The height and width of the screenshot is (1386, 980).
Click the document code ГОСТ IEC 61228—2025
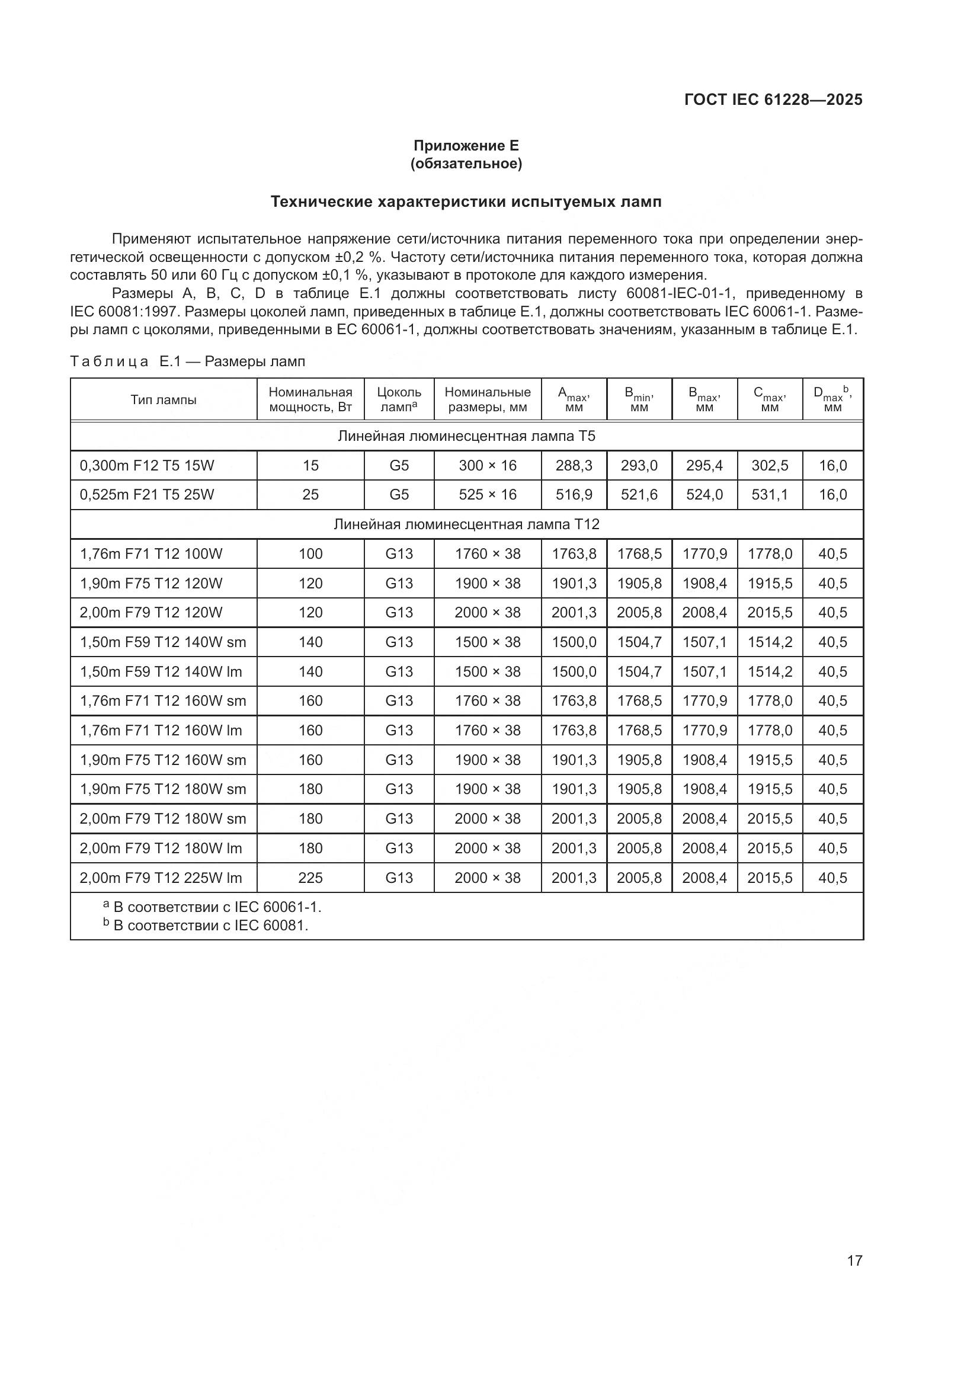coord(773,100)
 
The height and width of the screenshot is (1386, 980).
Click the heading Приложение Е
coord(466,146)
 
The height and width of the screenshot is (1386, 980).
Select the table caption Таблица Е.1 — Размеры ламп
coord(188,361)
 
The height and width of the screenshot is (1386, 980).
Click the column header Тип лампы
coord(164,399)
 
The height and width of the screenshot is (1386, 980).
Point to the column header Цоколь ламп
coord(399,399)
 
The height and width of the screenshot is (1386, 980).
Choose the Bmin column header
coord(639,399)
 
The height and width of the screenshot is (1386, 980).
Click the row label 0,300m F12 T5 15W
coord(148,465)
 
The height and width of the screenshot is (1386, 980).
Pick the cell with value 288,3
coord(574,465)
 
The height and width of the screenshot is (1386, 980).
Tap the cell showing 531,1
coord(770,495)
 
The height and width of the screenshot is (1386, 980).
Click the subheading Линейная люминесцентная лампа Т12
coord(466,524)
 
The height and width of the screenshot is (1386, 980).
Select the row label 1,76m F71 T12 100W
coord(151,553)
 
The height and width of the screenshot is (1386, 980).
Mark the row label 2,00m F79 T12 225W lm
coord(161,878)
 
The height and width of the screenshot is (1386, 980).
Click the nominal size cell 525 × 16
coord(488,495)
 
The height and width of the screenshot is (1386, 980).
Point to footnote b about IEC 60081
coord(205,926)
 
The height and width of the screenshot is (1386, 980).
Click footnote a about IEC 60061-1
coord(212,907)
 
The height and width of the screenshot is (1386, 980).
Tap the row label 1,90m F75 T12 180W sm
coord(163,789)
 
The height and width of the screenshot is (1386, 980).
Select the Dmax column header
coord(832,399)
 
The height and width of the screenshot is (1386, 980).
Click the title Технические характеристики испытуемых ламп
coord(466,201)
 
